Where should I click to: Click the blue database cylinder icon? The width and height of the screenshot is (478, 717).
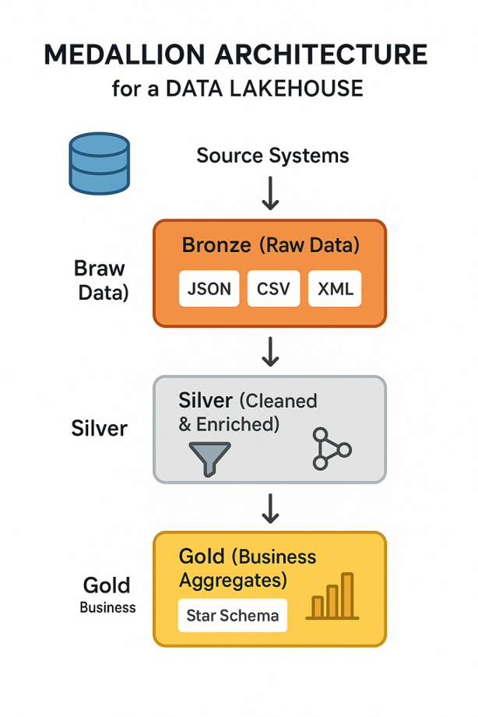coord(98,163)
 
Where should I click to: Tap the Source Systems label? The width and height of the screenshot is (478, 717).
coord(272,156)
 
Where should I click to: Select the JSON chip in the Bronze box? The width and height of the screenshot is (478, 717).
coord(209,290)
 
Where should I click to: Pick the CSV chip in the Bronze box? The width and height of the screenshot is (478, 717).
coord(273,290)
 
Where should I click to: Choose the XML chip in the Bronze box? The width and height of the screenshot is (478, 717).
coord(336,290)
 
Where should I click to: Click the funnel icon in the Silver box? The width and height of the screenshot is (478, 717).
coord(210,458)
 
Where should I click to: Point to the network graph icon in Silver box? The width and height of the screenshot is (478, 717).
coord(330,448)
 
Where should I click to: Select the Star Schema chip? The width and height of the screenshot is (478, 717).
coord(232,616)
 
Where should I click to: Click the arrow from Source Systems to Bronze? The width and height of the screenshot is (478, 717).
coord(270,193)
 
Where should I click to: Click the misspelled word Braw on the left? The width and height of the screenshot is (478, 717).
coord(99,269)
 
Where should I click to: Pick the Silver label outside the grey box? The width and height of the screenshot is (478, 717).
coord(99,428)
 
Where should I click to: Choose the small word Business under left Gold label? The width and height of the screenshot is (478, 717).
coord(107,607)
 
